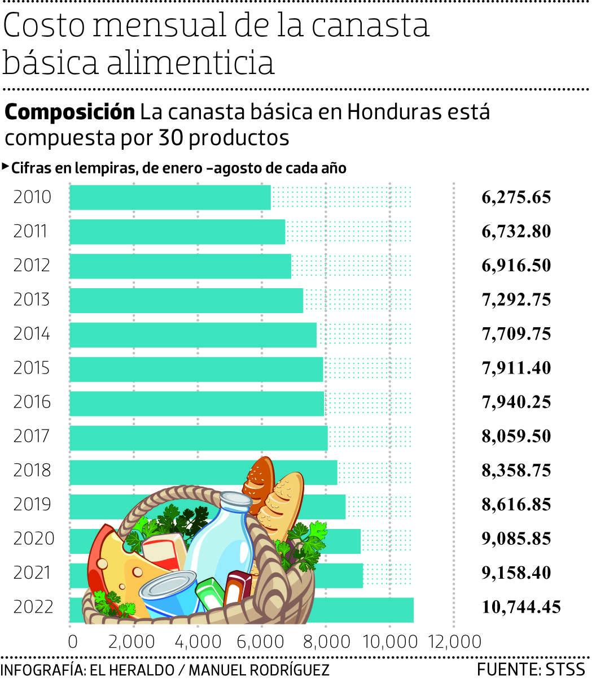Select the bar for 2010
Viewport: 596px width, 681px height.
pyautogui.click(x=170, y=197)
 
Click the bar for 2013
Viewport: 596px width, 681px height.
pyautogui.click(x=186, y=300)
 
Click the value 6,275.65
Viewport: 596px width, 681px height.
pyautogui.click(x=516, y=197)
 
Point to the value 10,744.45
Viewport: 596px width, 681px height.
pyautogui.click(x=521, y=607)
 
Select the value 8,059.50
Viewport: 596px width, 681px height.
pyautogui.click(x=516, y=436)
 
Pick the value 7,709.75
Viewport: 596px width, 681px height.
pyautogui.click(x=516, y=334)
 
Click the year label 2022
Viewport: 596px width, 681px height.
pyautogui.click(x=33, y=607)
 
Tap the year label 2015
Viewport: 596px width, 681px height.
pyautogui.click(x=32, y=368)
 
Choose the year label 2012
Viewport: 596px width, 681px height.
pyautogui.click(x=32, y=266)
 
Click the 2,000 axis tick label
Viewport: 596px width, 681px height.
pyautogui.click(x=134, y=642)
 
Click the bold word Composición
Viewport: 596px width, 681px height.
pyautogui.click(x=70, y=112)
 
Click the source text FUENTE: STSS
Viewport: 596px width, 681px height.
pyautogui.click(x=531, y=670)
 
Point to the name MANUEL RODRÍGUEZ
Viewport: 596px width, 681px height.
pyautogui.click(x=258, y=670)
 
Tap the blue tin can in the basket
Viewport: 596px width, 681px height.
pyautogui.click(x=169, y=593)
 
